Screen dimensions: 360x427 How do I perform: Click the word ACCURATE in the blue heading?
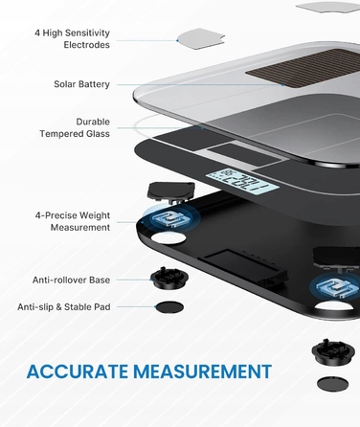(x=78, y=371)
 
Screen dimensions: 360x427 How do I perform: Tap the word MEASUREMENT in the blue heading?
(x=202, y=371)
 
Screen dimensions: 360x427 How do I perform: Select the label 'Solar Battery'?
(x=81, y=84)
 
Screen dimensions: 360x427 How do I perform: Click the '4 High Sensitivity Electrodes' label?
(x=72, y=38)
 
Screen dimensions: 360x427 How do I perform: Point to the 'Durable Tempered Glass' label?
(x=75, y=127)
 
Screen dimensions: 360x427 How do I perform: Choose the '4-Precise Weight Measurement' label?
(x=73, y=221)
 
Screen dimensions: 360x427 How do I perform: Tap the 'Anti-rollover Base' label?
(x=71, y=280)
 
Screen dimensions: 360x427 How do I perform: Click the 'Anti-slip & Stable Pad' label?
(x=64, y=307)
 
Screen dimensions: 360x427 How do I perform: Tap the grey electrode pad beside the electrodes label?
(x=201, y=38)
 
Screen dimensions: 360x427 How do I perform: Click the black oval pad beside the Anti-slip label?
(x=169, y=307)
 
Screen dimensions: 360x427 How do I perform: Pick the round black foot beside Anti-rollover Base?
(x=169, y=279)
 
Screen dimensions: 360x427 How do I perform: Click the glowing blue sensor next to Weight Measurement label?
(x=170, y=217)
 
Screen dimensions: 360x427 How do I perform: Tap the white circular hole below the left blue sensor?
(x=169, y=237)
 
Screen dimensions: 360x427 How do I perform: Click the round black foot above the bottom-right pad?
(x=333, y=351)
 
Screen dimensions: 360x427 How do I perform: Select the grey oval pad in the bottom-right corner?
(x=333, y=384)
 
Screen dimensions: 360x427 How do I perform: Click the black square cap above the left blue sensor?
(x=170, y=191)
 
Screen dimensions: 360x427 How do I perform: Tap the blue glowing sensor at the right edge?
(x=335, y=286)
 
